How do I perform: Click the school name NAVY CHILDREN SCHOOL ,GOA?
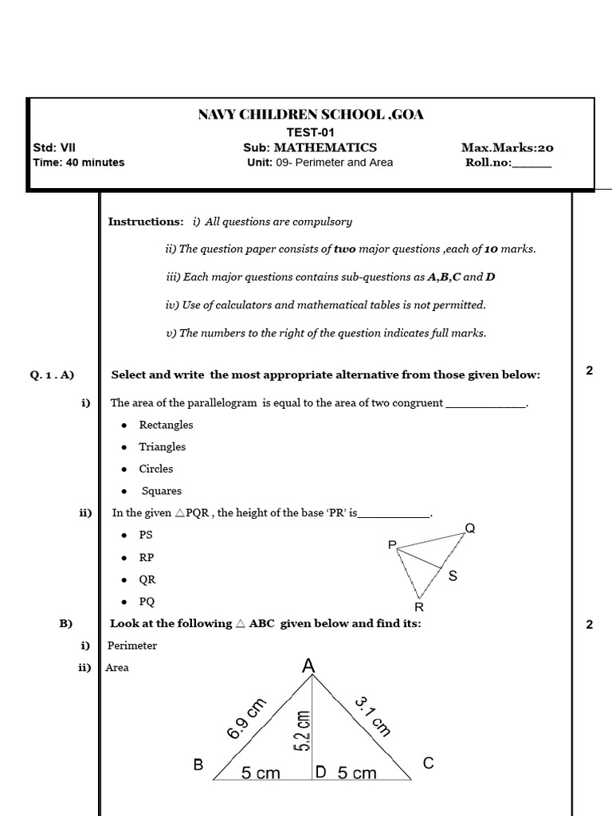click(x=311, y=115)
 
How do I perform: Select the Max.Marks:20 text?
click(x=507, y=147)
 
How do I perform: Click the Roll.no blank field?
click(x=531, y=163)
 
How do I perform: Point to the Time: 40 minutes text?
click(x=79, y=163)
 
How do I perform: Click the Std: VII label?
click(x=54, y=147)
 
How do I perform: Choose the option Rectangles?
click(x=166, y=425)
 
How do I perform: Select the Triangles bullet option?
click(x=162, y=447)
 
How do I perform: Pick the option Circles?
click(x=155, y=469)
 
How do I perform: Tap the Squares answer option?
click(x=162, y=491)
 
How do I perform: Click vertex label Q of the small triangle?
click(x=469, y=528)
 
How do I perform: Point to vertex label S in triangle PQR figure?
click(x=453, y=575)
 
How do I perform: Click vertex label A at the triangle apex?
click(x=309, y=665)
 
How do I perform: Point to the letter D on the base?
click(x=320, y=772)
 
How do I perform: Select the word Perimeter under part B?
click(x=132, y=645)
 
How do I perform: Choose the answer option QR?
click(x=147, y=580)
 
